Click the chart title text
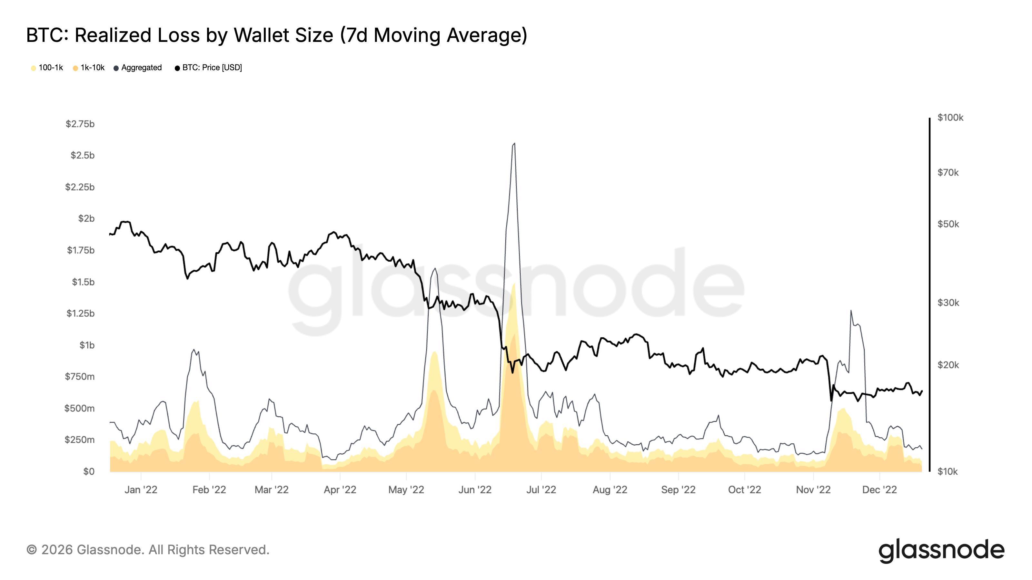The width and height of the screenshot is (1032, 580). (276, 35)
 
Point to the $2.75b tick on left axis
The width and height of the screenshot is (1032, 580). (80, 124)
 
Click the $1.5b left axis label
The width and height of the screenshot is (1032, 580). (83, 282)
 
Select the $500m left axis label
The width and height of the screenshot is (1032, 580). (79, 408)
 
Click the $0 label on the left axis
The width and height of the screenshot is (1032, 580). (89, 471)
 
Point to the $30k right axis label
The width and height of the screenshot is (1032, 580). (948, 303)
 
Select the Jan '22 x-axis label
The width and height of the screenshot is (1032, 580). (141, 489)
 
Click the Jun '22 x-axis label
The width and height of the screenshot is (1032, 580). (475, 489)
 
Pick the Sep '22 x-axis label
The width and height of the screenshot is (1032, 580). (678, 489)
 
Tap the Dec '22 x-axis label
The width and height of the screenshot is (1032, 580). (879, 489)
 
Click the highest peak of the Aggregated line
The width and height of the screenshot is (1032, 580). (514, 143)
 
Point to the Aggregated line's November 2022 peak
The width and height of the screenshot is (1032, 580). (850, 310)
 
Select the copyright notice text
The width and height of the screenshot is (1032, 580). (148, 550)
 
